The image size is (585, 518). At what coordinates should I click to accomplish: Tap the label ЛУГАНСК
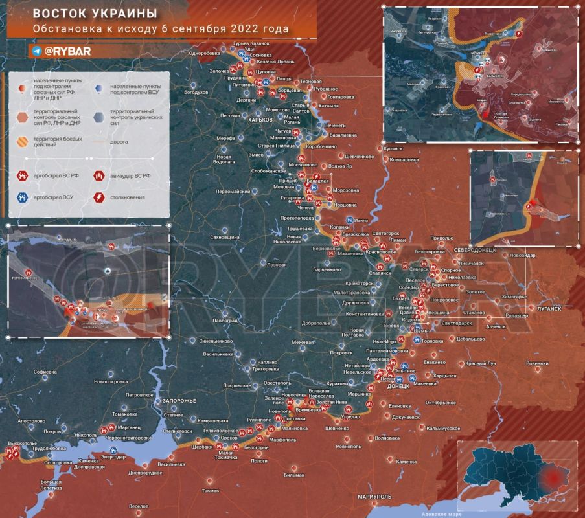click(549, 309)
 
